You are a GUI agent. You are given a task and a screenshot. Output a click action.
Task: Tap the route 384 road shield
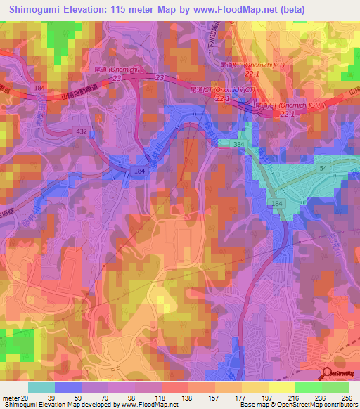coord(239,143)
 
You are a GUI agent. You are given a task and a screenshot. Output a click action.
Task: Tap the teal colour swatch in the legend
coord(41,388)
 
